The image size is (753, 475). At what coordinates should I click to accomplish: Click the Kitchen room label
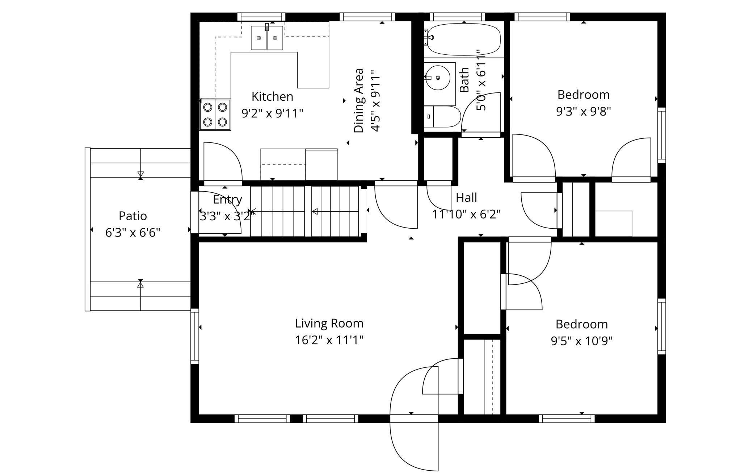coord(272,97)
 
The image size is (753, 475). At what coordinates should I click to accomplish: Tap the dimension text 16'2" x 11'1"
coord(329,340)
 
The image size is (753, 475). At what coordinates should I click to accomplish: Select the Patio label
coord(133,216)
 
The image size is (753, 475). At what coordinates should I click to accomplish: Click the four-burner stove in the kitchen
coord(215,114)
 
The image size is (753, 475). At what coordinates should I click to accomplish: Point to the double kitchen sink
coord(267,38)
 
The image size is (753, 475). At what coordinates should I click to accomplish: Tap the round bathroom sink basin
coord(438,78)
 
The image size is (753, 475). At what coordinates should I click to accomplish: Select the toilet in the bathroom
coord(442,117)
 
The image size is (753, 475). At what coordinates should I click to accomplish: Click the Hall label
coord(466,197)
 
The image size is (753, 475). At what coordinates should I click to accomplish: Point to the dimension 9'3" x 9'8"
coord(584,111)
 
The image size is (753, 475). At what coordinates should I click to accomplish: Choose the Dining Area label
coord(358,100)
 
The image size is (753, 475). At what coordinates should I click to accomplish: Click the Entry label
coord(227,200)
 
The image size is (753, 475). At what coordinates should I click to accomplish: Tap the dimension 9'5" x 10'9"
coord(582,341)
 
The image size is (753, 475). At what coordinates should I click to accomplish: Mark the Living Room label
coord(329,323)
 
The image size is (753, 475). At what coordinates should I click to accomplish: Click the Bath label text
coord(464,79)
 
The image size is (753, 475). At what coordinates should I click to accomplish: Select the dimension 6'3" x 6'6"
coord(133,232)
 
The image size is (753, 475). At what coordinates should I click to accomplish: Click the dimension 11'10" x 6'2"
coord(466,214)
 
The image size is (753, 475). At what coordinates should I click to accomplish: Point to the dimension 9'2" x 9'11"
coord(272,113)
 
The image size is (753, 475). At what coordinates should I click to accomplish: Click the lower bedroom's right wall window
coord(661,326)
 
